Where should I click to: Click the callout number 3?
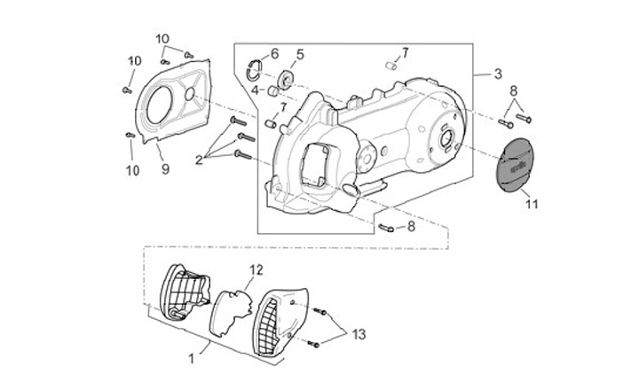point(498,74)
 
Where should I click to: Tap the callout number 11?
point(532,204)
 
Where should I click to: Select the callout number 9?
point(165,169)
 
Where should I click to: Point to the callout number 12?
point(256,269)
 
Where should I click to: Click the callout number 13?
point(359,334)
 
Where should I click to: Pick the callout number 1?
point(191,359)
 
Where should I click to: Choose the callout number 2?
point(199,159)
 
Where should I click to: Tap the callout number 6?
point(274,53)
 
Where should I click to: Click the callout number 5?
point(300,54)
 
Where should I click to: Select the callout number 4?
point(255,89)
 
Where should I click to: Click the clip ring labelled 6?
point(255,69)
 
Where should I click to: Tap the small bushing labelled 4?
point(273,91)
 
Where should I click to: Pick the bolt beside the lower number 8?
point(386,228)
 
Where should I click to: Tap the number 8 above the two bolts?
point(514,91)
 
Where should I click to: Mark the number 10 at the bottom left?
point(133,170)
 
